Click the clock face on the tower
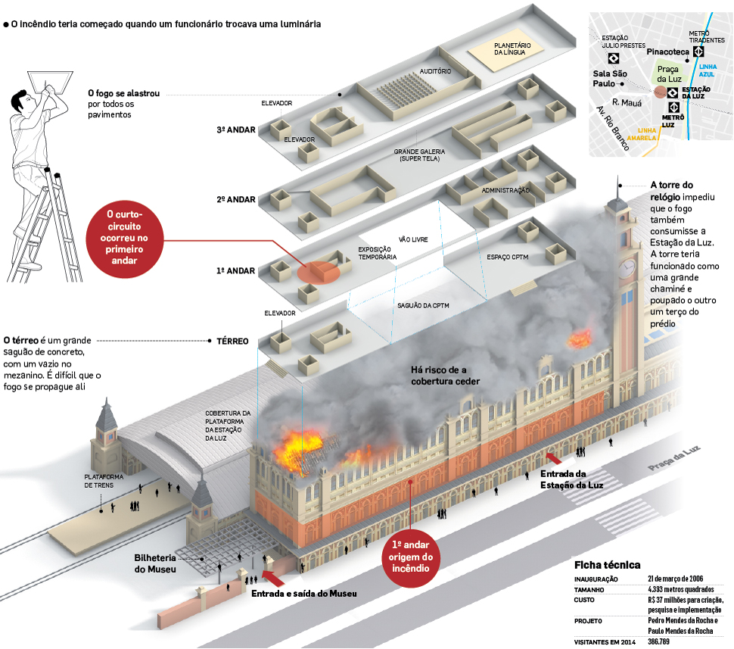tap(627, 268)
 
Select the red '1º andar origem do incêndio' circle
tap(411, 562)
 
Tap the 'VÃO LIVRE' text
tap(413, 239)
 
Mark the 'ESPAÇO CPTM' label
tap(509, 257)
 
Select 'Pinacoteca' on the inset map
tap(667, 51)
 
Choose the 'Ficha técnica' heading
tap(607, 565)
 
